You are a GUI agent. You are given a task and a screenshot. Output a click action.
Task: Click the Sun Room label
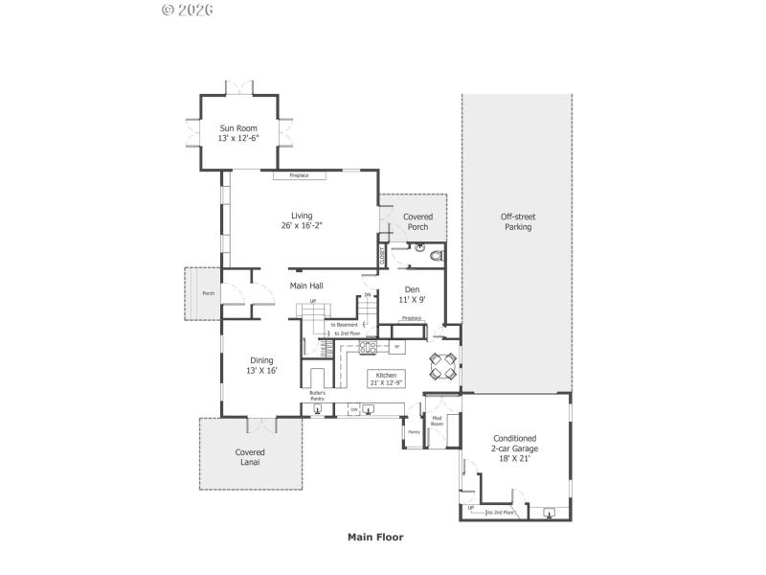coord(238,133)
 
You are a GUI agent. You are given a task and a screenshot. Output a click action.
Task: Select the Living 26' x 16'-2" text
coord(302,221)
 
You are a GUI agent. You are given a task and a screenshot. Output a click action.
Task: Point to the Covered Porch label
coord(417,222)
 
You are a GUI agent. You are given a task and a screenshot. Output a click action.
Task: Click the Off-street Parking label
coord(516,222)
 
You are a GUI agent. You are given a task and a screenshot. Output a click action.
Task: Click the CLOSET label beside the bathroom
coord(383,257)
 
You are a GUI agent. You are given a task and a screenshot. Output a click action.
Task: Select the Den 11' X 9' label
coord(412,295)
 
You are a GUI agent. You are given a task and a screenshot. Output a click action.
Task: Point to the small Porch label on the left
coord(208,293)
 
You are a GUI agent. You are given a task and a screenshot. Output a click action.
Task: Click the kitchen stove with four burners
coord(368,347)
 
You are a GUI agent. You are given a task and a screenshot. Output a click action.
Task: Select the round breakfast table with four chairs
coord(441,364)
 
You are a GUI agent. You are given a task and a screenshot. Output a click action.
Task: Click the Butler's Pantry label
coord(317,396)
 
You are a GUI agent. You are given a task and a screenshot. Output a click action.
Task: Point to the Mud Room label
coord(437,421)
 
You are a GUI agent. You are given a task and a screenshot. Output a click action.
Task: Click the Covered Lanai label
coord(250,457)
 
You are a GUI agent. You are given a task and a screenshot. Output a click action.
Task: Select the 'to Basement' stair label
coord(345,325)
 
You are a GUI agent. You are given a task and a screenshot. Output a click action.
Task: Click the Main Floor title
coord(374,538)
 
